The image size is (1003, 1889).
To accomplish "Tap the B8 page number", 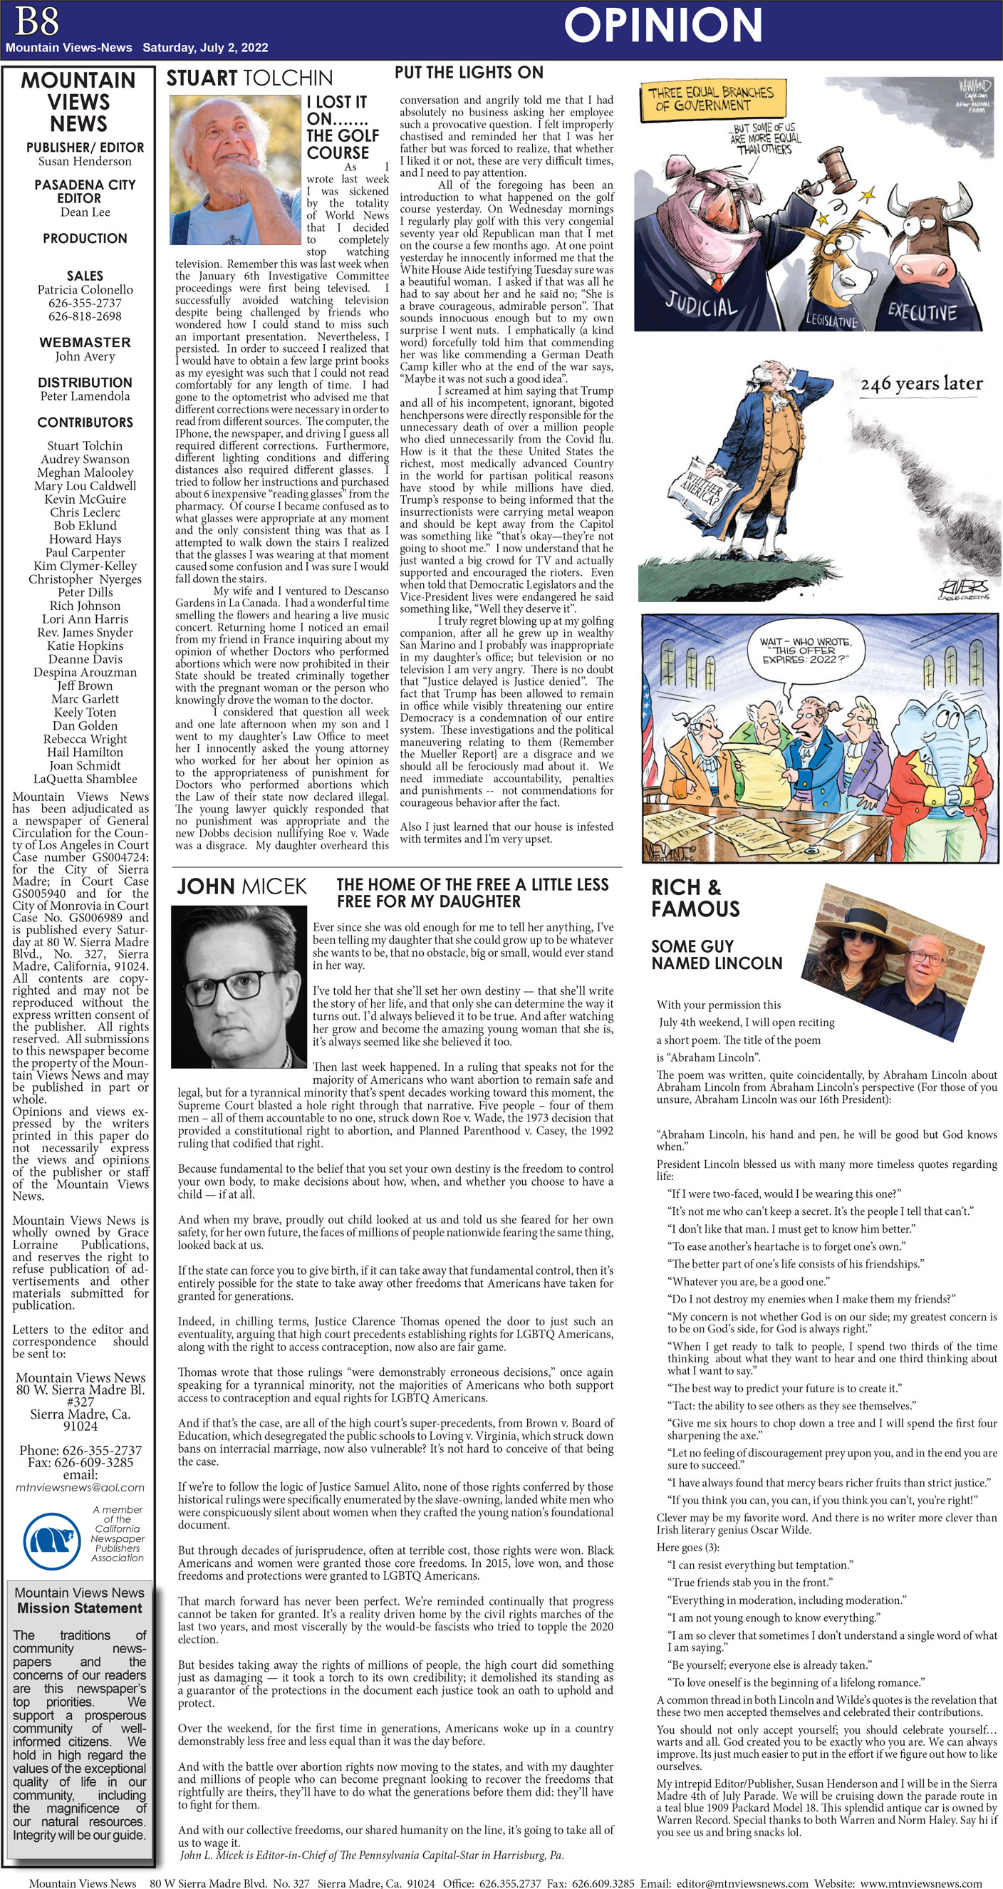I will pyautogui.click(x=35, y=21).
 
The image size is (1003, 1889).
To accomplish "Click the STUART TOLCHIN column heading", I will pyautogui.click(x=249, y=78).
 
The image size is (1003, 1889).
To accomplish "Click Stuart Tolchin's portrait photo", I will pyautogui.click(x=235, y=170).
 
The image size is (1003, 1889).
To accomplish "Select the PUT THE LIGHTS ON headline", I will pyautogui.click(x=469, y=73).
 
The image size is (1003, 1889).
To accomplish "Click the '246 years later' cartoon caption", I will pyautogui.click(x=921, y=383).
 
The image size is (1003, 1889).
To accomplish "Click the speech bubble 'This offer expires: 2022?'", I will pyautogui.click(x=805, y=651).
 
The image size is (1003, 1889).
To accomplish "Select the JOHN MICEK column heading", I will pyautogui.click(x=241, y=886).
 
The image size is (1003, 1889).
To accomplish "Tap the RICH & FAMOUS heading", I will pyautogui.click(x=695, y=899).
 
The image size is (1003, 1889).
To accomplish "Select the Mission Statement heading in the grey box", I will pyautogui.click(x=79, y=1608).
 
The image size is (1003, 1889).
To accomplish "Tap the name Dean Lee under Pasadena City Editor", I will pyautogui.click(x=85, y=212).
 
